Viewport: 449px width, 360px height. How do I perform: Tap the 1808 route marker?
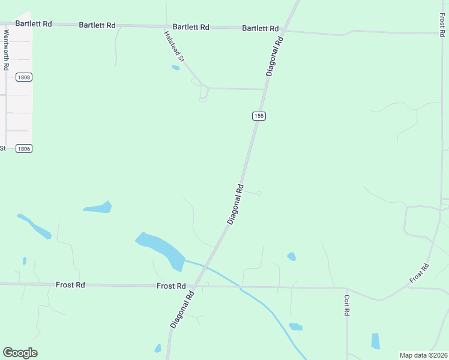click(x=24, y=77)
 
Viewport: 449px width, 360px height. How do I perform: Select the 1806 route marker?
click(x=24, y=148)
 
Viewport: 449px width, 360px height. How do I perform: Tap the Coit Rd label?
click(x=347, y=304)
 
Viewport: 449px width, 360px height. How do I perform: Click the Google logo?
click(x=20, y=353)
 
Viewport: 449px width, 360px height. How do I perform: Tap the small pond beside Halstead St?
click(x=175, y=67)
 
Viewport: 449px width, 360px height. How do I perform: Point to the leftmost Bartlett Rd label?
click(x=34, y=23)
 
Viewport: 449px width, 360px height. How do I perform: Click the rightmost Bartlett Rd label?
click(x=261, y=28)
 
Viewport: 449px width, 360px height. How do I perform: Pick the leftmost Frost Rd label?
click(x=70, y=285)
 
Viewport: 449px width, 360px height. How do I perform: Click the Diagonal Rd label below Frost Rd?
click(x=182, y=309)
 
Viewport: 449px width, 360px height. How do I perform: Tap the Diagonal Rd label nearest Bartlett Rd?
click(x=274, y=56)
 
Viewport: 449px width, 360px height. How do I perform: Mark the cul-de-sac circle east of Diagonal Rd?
click(x=259, y=193)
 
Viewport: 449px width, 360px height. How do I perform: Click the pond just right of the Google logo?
click(x=158, y=348)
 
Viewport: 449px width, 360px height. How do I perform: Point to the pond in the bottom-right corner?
click(x=376, y=341)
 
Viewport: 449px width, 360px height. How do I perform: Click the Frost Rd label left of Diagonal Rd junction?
click(x=171, y=286)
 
